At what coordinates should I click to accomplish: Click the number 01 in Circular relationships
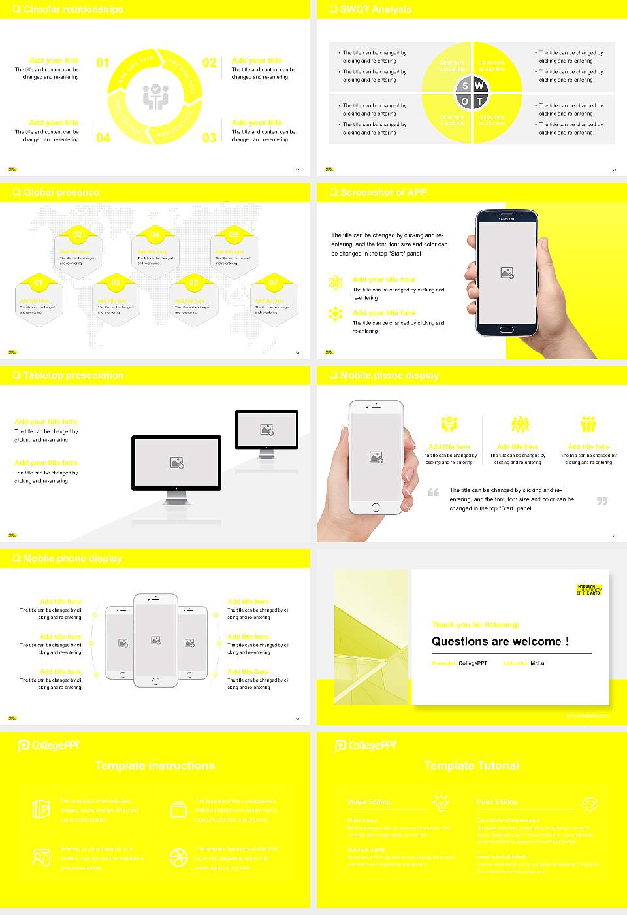[103, 63]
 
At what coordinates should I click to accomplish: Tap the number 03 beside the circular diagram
[209, 137]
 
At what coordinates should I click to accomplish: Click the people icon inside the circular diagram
[155, 96]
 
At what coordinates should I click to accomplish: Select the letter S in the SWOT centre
[465, 86]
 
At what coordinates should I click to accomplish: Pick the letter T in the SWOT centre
[479, 101]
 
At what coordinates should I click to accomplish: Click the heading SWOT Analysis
[375, 9]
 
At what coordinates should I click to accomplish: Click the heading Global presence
[61, 192]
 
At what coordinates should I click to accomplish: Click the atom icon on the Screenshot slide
[336, 282]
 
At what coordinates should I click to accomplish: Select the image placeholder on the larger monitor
[176, 462]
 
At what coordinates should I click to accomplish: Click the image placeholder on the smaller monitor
[266, 429]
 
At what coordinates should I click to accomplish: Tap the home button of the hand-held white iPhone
[376, 507]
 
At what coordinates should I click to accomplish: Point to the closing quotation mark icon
[602, 501]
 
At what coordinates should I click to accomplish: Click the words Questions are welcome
[500, 641]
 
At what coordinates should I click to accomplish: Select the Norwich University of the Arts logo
[588, 590]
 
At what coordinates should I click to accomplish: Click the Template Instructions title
[155, 765]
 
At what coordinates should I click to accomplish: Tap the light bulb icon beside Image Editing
[441, 802]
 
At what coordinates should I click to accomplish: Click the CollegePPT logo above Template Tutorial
[366, 745]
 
